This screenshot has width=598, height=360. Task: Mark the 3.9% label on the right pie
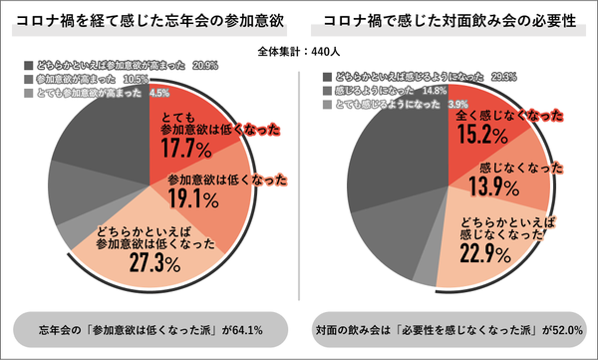click(x=457, y=104)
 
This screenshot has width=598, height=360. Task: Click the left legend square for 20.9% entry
click(x=27, y=64)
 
